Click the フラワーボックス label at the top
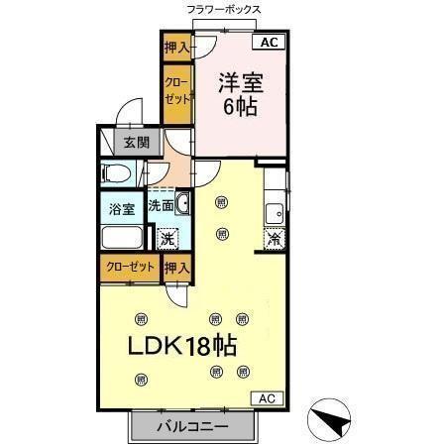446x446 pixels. [x=223, y=9]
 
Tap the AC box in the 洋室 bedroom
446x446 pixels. [x=268, y=42]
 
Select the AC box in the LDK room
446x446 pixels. [x=266, y=398]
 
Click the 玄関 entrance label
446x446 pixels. [x=136, y=142]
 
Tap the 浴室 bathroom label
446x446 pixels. [x=120, y=208]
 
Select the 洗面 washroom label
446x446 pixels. [x=161, y=207]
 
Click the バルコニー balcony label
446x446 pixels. [x=192, y=427]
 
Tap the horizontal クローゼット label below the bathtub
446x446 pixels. [x=128, y=266]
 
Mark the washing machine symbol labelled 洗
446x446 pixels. [x=168, y=237]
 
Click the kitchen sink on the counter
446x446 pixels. [x=275, y=211]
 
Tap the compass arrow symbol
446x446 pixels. [x=331, y=421]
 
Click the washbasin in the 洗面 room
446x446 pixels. [x=182, y=205]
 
